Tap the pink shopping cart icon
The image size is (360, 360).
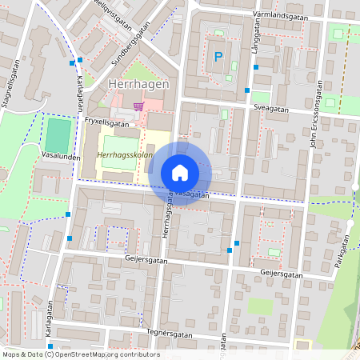(140, 105)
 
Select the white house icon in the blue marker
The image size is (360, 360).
(180, 172)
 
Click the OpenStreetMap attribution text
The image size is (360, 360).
(81, 354)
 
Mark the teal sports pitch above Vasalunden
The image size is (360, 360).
(58, 133)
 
